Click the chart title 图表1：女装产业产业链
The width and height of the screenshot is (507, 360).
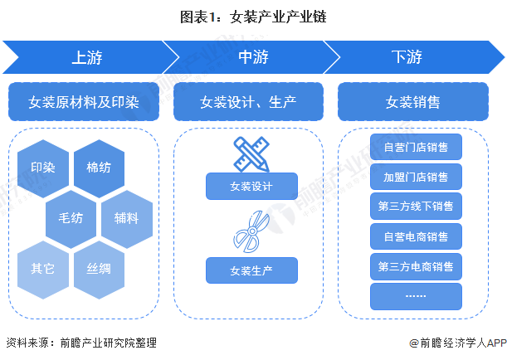pyautogui.click(x=254, y=17)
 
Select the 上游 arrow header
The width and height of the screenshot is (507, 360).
pyautogui.click(x=86, y=58)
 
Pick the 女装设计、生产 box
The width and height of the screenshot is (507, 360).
pyautogui.click(x=249, y=102)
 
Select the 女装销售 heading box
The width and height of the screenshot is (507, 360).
pyautogui.click(x=413, y=102)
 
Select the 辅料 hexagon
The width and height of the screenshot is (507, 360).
pyautogui.click(x=127, y=218)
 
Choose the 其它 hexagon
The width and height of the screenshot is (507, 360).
pyautogui.click(x=42, y=268)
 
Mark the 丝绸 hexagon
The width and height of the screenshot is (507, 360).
pyautogui.click(x=99, y=268)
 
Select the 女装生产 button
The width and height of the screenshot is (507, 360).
pyautogui.click(x=251, y=270)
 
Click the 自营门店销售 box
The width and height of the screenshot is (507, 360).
pyautogui.click(x=416, y=148)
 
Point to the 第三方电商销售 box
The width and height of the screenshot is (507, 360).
pyautogui.click(x=416, y=266)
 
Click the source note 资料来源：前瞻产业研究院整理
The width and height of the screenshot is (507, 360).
pyautogui.click(x=81, y=343)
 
